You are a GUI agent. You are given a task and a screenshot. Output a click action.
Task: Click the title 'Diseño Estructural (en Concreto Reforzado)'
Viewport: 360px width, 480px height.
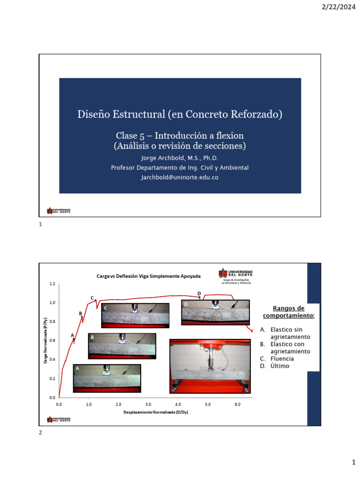click(x=180, y=114)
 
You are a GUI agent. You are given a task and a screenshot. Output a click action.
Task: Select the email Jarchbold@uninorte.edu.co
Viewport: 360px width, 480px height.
click(x=180, y=178)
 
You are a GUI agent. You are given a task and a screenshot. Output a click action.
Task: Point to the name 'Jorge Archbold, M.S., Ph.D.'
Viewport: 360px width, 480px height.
click(x=180, y=158)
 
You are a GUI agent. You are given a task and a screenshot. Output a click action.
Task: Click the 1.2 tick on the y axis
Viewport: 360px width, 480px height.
click(x=52, y=284)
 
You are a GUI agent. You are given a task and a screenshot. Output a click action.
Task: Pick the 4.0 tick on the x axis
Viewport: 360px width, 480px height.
click(x=178, y=404)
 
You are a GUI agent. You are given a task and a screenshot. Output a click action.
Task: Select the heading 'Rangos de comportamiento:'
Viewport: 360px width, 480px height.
click(x=288, y=312)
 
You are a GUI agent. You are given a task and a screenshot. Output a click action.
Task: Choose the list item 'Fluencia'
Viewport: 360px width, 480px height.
click(x=282, y=359)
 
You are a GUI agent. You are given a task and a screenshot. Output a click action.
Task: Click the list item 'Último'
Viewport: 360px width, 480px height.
click(x=280, y=366)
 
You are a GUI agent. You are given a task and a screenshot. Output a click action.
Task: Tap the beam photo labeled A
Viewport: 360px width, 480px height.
click(x=107, y=378)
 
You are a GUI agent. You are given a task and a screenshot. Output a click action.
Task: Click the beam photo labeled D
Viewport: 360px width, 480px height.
click(x=215, y=313)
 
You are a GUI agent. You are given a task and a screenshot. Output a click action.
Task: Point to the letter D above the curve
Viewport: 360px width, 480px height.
click(x=199, y=294)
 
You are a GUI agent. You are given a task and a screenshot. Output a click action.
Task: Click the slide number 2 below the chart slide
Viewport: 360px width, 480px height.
click(x=40, y=433)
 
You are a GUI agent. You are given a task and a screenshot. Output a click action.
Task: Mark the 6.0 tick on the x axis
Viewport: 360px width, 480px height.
click(x=237, y=404)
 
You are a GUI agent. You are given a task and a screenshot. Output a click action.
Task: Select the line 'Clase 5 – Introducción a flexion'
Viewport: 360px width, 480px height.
click(x=180, y=135)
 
